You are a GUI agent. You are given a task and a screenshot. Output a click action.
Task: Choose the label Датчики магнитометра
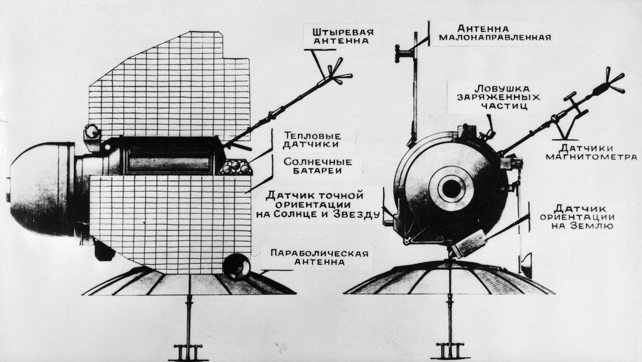click(x=589, y=152)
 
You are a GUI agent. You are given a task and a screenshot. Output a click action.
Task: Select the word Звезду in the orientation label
click(x=357, y=215)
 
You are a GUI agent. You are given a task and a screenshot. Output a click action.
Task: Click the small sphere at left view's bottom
click(x=237, y=266)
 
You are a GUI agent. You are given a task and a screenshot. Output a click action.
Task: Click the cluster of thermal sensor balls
click(x=235, y=167)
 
